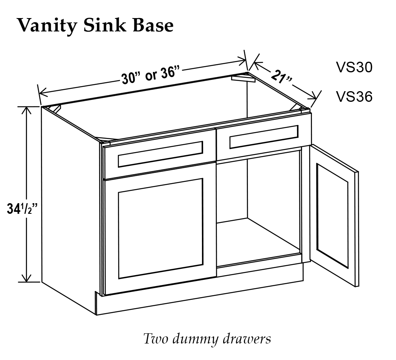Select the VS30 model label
[354, 67]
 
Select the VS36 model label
[354, 96]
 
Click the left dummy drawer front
[160, 153]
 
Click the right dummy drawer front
[264, 137]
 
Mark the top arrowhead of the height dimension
[26, 110]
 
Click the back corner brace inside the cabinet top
[243, 77]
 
